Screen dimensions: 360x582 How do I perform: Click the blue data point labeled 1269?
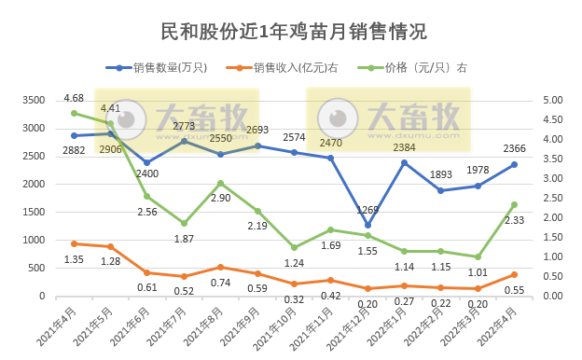pyautogui.click(x=367, y=225)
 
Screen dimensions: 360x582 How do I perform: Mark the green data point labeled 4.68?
pyautogui.click(x=74, y=114)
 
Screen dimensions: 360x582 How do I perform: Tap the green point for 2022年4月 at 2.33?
pyautogui.click(x=514, y=204)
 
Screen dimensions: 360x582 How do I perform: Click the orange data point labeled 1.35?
pyautogui.click(x=74, y=243)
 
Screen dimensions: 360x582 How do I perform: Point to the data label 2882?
pyautogui.click(x=74, y=150)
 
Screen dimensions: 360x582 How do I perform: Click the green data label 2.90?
pyautogui.click(x=220, y=199)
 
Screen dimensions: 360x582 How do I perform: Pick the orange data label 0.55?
pyautogui.click(x=514, y=290)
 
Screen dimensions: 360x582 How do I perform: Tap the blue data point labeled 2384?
pyautogui.click(x=404, y=162)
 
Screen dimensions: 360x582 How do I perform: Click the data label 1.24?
pyautogui.click(x=294, y=263)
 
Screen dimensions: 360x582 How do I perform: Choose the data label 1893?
pyautogui.click(x=440, y=174)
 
